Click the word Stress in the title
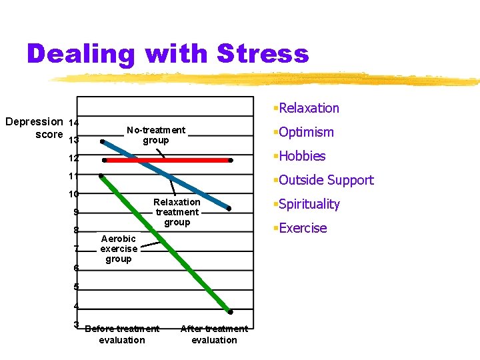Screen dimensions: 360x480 tap(261, 53)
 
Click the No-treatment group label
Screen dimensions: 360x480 tap(156, 135)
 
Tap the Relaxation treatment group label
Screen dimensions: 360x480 tap(177, 212)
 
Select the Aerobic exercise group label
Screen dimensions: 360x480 tap(119, 249)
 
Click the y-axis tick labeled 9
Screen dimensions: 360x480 tap(76, 213)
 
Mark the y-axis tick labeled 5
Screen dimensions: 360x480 tap(76, 287)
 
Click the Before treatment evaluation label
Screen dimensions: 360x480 tap(122, 334)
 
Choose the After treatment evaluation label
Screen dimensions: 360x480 tap(214, 334)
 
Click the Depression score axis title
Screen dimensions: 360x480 tap(33, 127)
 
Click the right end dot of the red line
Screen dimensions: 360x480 tap(231, 161)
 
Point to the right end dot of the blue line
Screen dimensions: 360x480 tap(229, 209)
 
